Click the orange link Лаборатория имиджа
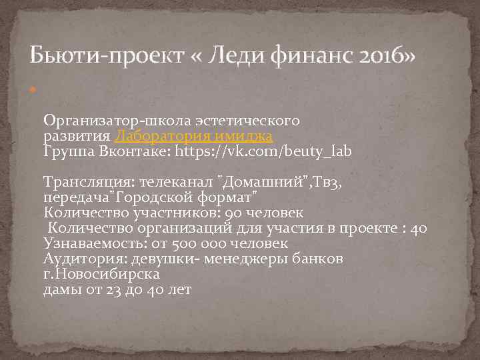[194, 136]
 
